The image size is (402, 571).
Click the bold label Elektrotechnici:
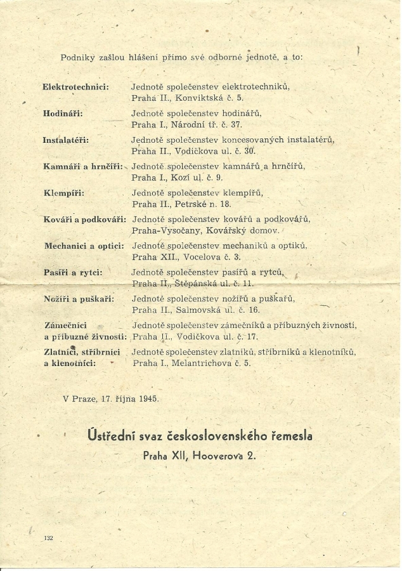coord(75,86)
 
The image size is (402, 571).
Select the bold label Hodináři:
coord(63,113)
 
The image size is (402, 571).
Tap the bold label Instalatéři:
coord(66,140)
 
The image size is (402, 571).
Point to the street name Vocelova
coord(194,258)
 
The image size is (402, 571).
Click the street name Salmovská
coord(195,310)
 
